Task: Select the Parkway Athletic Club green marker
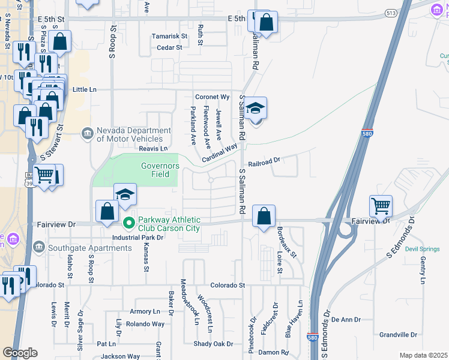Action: (x=128, y=223)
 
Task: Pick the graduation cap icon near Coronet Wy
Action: (x=256, y=109)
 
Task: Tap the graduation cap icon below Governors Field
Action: (x=125, y=195)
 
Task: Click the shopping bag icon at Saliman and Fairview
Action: (x=264, y=216)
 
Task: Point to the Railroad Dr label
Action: (x=264, y=161)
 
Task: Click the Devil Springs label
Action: (x=418, y=249)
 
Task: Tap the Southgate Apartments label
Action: (x=77, y=247)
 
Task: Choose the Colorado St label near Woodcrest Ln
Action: (x=228, y=286)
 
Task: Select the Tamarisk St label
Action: (x=169, y=36)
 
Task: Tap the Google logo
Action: (x=20, y=353)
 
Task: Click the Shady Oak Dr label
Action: (x=213, y=344)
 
